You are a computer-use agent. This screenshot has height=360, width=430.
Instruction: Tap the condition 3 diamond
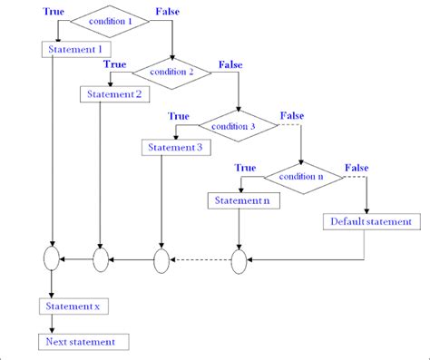tap(238, 125)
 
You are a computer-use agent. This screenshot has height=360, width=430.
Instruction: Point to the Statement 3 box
tap(172, 147)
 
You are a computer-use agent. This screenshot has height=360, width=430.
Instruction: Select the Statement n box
tap(239, 199)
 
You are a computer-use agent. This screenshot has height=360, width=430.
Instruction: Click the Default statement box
tap(370, 221)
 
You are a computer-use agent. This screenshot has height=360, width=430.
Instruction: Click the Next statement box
tap(83, 341)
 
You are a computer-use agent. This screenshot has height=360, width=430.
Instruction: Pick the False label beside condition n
tap(357, 169)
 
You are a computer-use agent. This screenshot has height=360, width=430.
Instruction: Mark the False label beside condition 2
tap(230, 65)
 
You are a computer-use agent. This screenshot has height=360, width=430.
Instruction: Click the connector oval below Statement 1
tap(51, 260)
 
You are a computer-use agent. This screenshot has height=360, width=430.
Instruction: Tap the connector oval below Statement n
tap(239, 261)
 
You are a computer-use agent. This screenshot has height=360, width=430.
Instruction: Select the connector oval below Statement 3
tap(161, 261)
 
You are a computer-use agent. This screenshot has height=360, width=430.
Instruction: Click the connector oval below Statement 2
tap(100, 260)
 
